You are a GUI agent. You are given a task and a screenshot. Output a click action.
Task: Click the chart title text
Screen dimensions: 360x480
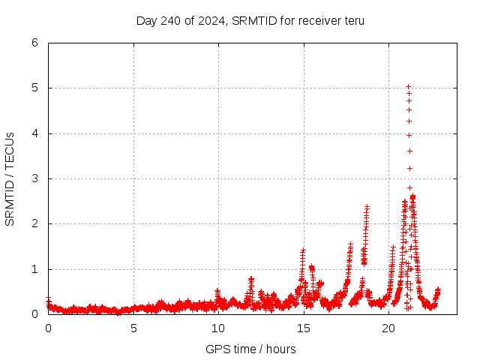pyautogui.click(x=250, y=20)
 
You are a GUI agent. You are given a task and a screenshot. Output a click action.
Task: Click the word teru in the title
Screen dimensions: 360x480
pyautogui.click(x=353, y=20)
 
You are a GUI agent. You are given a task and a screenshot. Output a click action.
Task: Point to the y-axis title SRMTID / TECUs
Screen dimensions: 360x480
pyautogui.click(x=10, y=178)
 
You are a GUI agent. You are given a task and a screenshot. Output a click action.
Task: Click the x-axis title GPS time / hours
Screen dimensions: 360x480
pyautogui.click(x=250, y=349)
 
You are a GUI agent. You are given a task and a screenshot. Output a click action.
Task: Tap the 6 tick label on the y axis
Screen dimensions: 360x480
pyautogui.click(x=34, y=43)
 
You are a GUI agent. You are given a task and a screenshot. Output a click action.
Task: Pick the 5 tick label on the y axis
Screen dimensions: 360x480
pyautogui.click(x=34, y=88)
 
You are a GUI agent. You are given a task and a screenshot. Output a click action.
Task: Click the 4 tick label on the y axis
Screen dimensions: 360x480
pyautogui.click(x=34, y=133)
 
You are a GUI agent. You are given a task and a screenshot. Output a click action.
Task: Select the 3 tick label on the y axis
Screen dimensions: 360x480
pyautogui.click(x=34, y=178)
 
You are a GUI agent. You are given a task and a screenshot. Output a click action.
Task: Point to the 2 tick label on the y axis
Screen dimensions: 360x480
pyautogui.click(x=34, y=223)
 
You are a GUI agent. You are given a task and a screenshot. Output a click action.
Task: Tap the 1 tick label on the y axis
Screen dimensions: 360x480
pyautogui.click(x=34, y=269)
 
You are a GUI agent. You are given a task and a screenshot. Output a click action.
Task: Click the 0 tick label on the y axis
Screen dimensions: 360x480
pyautogui.click(x=34, y=314)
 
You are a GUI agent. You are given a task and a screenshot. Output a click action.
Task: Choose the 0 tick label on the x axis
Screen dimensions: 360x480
pyautogui.click(x=49, y=328)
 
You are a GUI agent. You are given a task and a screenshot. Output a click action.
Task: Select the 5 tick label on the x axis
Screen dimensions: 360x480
pyautogui.click(x=133, y=328)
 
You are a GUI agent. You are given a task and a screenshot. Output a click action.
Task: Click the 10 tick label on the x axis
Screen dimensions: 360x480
pyautogui.click(x=218, y=328)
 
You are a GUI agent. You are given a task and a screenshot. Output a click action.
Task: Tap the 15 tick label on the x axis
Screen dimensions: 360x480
pyautogui.click(x=304, y=328)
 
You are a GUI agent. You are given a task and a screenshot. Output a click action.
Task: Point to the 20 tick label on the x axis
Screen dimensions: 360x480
pyautogui.click(x=388, y=328)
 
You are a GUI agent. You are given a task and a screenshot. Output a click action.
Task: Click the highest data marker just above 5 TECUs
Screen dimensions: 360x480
pyautogui.click(x=408, y=86)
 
